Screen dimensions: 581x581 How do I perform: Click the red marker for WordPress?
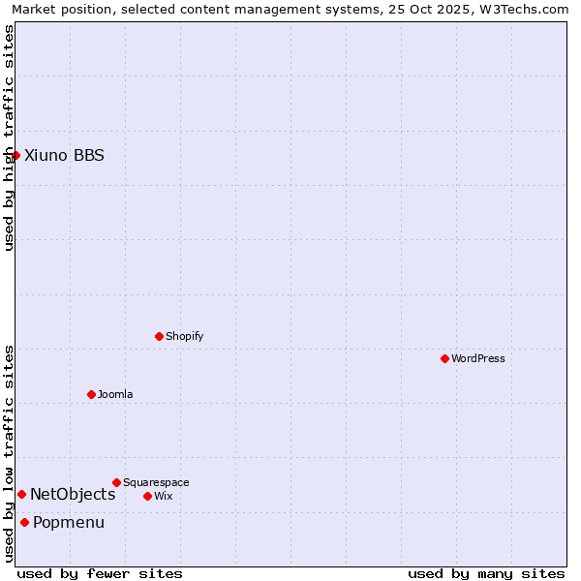444,358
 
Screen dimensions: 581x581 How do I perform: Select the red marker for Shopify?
159,336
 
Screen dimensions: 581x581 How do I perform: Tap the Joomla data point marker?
91,394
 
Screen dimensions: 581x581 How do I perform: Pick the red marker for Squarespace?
116,482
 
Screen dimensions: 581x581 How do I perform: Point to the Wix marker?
147,496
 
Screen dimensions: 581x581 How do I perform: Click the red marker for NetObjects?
21,494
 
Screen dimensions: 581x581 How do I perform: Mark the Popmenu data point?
24,523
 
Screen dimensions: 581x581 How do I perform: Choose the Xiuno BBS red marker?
15,155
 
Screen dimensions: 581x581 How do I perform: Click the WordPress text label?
478,358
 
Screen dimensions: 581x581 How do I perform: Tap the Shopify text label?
184,336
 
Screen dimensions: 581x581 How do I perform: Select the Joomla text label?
115,394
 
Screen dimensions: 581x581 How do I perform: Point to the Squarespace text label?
156,482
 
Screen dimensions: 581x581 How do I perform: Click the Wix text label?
164,496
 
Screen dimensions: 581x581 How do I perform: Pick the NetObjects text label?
73,494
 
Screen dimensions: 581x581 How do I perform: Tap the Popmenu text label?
69,523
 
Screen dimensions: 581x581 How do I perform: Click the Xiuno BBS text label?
64,155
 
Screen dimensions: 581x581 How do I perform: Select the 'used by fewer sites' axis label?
100,573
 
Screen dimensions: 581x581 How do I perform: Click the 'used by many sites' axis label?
486,573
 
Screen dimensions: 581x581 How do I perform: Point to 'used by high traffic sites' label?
9,138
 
